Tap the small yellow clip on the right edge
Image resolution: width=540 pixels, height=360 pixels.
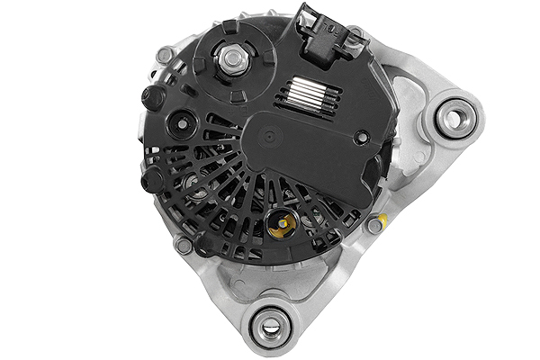pyautogui.click(x=383, y=219)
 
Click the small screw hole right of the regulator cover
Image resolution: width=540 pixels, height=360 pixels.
pyautogui.click(x=361, y=138)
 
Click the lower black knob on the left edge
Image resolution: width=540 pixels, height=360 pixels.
pyautogui.click(x=152, y=180)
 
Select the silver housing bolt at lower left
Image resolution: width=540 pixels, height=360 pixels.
pyautogui.click(x=184, y=244)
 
